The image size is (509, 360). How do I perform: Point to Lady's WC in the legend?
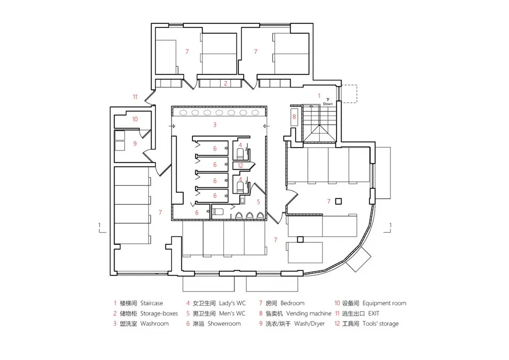click(229, 303)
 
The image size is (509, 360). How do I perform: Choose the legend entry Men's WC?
click(229, 314)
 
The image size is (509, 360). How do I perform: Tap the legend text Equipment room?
click(385, 303)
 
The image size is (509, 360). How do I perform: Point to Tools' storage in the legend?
click(381, 324)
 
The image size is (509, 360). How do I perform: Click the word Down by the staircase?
click(328, 104)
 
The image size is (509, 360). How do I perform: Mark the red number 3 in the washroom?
click(215, 124)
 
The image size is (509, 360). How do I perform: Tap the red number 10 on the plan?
click(134, 119)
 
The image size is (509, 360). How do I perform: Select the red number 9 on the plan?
click(135, 144)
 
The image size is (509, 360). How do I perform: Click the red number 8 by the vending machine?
click(294, 117)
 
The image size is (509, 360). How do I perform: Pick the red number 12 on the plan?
click(241, 165)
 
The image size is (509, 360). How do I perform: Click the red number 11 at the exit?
click(135, 96)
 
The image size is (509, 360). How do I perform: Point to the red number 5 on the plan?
click(258, 202)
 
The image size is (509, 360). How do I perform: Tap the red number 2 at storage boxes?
click(225, 82)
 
